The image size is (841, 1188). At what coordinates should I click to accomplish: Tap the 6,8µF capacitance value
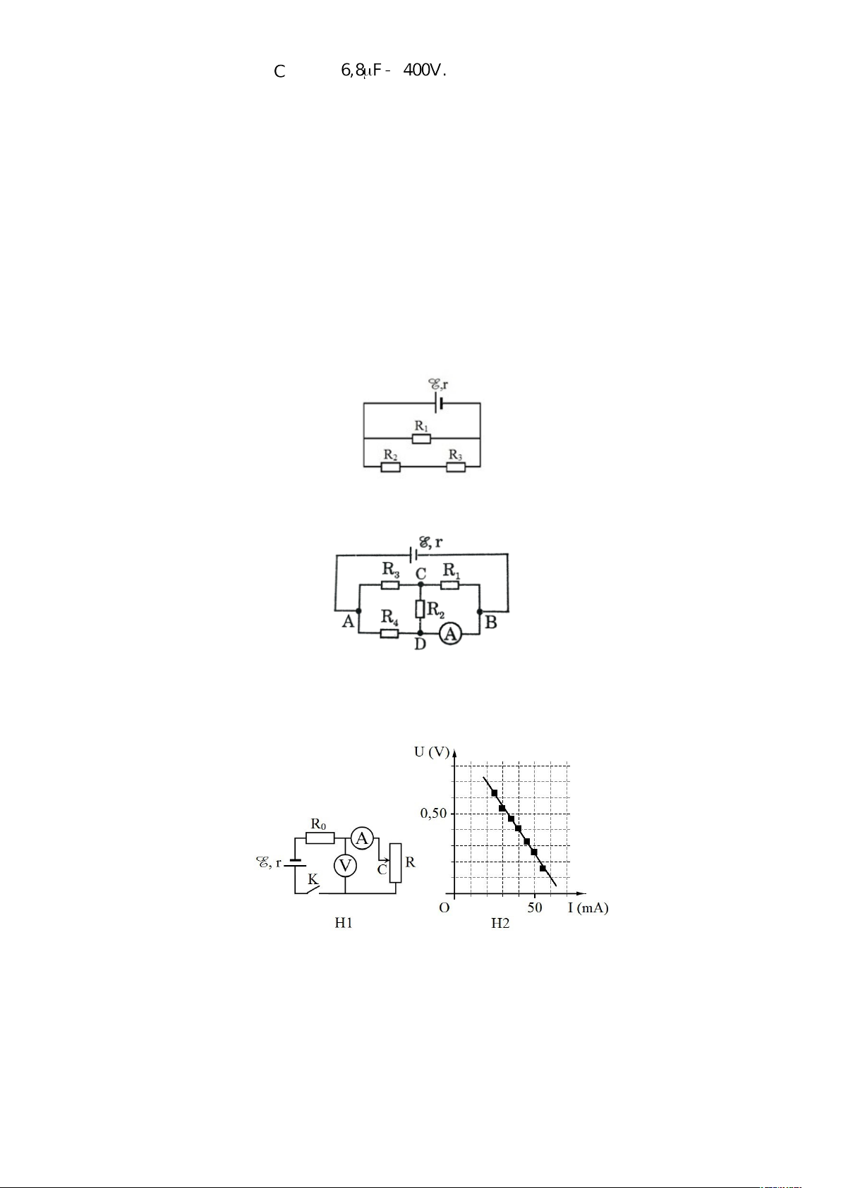(361, 70)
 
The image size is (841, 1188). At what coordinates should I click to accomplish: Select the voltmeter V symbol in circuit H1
(345, 866)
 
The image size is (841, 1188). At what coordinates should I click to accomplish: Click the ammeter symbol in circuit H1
(362, 838)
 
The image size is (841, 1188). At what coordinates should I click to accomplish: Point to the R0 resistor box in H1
(320, 838)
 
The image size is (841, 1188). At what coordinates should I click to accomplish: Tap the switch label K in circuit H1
(313, 879)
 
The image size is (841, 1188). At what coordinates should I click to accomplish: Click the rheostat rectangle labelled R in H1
(395, 863)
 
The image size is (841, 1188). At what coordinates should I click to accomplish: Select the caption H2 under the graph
(500, 924)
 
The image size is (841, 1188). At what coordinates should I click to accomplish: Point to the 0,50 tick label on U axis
(433, 814)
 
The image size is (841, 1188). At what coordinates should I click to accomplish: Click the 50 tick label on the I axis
(534, 907)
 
